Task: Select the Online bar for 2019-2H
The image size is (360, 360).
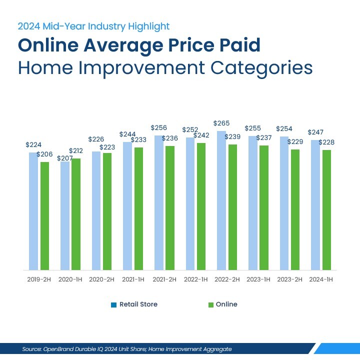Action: (x=45, y=215)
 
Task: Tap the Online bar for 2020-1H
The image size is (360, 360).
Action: (x=76, y=214)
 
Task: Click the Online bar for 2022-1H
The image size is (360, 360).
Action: (x=201, y=206)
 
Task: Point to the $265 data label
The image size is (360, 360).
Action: (x=221, y=123)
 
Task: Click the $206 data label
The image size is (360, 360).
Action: (x=45, y=154)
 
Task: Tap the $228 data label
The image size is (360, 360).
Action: (x=326, y=142)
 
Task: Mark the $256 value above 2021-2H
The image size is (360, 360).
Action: (x=159, y=128)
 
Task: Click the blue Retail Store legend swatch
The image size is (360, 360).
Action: (x=113, y=304)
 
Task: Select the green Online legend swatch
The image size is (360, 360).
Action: (x=211, y=304)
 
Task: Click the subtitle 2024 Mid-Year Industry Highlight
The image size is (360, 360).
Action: (x=94, y=26)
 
